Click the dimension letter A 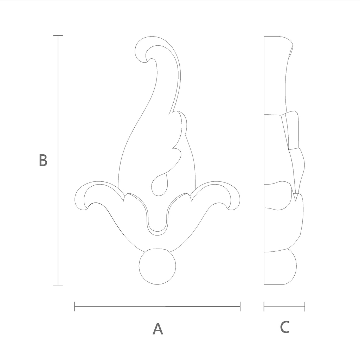[x=158, y=329]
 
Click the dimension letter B [x=43, y=160]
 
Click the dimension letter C [x=285, y=327]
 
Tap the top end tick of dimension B [x=58, y=36]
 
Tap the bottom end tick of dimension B [x=58, y=285]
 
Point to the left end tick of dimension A [x=75, y=306]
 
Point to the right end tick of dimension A [x=240, y=306]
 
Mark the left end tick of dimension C [x=264, y=307]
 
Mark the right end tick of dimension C [x=305, y=307]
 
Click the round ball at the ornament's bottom [x=157, y=266]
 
